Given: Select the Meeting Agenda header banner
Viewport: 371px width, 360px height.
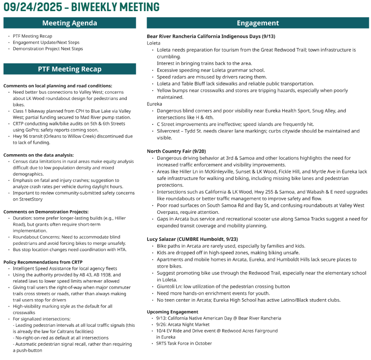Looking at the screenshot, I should (70, 23).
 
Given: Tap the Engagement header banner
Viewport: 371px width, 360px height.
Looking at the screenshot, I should (258, 23).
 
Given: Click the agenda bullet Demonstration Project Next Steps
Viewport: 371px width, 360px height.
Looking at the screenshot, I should (48, 49).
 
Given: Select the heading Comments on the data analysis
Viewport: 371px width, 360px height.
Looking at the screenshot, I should (39, 155).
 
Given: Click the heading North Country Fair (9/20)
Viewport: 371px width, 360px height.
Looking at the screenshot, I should (176, 151).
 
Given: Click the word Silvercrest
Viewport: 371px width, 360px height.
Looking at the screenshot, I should (169, 131).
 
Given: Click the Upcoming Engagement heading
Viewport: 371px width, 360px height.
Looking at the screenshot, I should (172, 312).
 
